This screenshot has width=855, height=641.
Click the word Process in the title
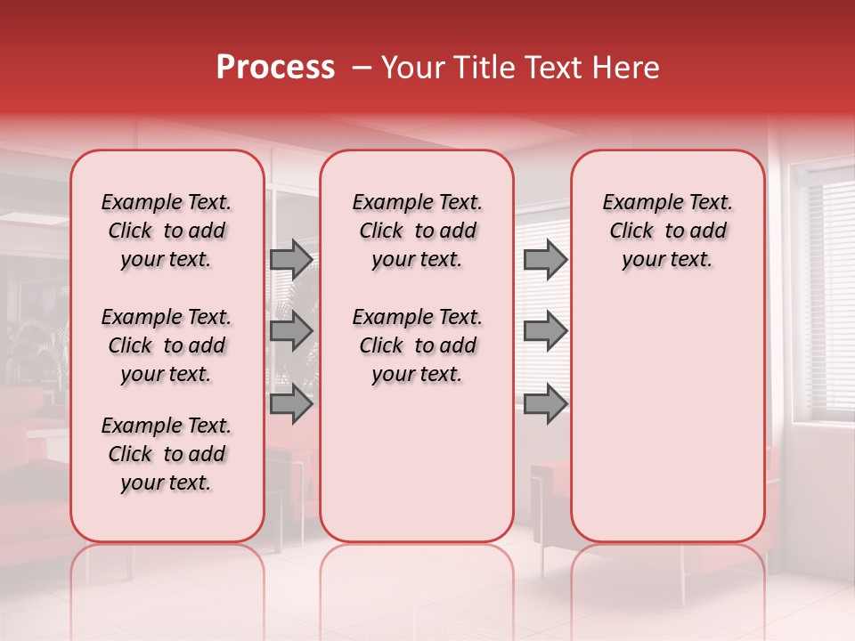275,68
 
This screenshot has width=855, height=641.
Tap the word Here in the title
628,68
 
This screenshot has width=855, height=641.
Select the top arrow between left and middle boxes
290,259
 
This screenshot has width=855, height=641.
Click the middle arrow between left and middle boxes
290,331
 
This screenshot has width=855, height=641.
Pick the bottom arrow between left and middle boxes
290,403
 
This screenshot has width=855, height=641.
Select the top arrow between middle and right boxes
545,259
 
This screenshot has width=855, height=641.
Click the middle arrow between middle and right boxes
545,331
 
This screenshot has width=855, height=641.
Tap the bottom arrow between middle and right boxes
545,403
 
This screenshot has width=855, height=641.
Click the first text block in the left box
167,231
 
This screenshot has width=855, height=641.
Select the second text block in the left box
167,345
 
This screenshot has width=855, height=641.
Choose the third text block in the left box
167,454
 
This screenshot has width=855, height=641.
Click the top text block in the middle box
417,231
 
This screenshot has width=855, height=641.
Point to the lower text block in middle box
417,345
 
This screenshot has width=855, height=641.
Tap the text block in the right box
667,231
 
